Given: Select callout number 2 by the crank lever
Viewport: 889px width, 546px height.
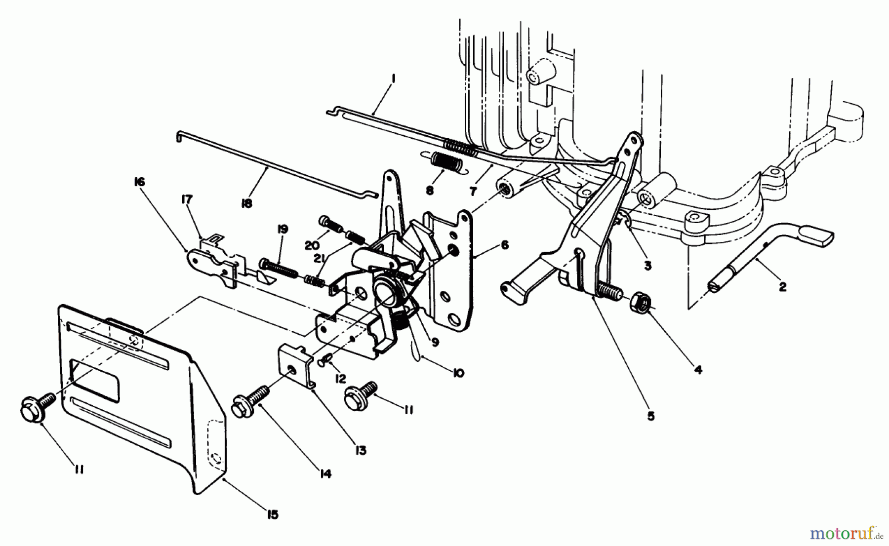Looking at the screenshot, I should point(782,286).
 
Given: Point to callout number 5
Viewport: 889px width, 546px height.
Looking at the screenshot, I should point(650,416).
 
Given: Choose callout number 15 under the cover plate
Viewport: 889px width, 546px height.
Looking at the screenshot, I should point(272,514).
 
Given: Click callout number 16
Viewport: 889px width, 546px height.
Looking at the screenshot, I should point(139,183).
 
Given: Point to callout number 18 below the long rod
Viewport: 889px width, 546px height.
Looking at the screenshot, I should point(246,203).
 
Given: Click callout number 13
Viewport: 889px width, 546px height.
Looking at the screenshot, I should point(361,450).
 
